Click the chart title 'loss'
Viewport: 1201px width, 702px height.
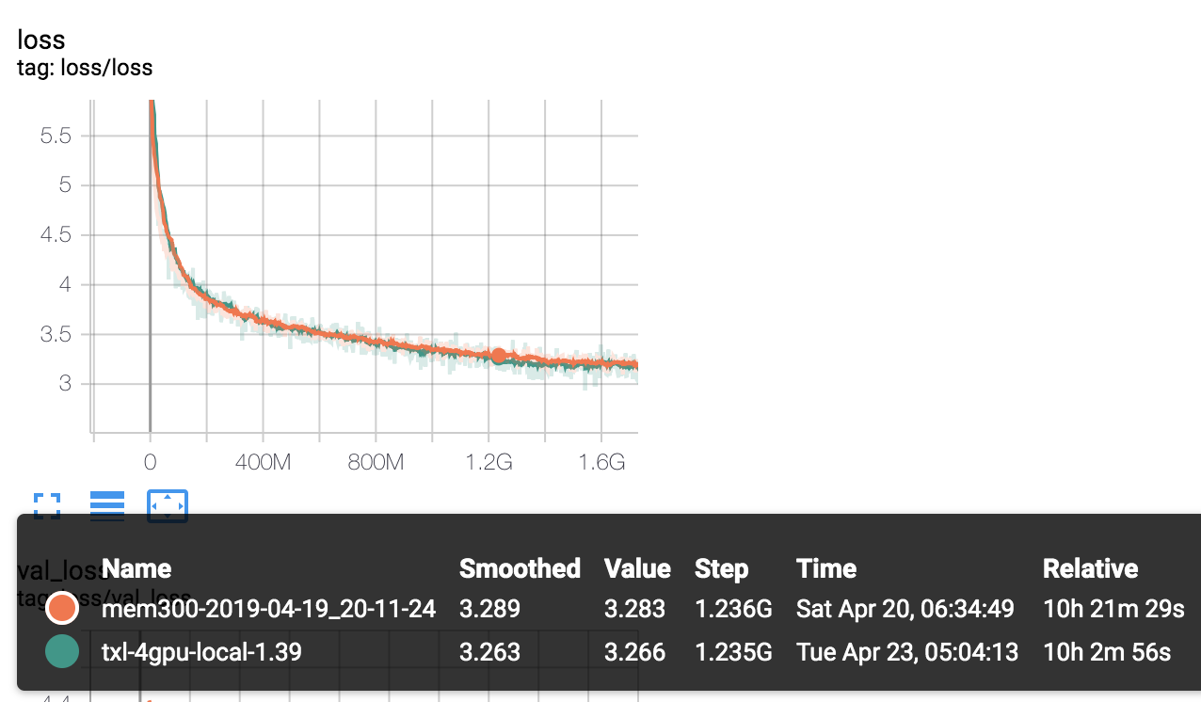[x=41, y=40]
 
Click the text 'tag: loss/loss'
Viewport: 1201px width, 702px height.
[x=85, y=68]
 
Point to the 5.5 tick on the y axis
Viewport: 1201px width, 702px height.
[x=56, y=136]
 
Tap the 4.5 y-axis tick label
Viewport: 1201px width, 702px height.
[x=56, y=234]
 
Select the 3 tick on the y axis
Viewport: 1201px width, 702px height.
[x=65, y=383]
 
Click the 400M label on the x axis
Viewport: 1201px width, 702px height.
[x=262, y=462]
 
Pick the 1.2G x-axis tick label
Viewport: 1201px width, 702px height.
[x=488, y=462]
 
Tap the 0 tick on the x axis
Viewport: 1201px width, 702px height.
[x=150, y=462]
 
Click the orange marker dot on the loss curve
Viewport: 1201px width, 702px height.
[x=499, y=356]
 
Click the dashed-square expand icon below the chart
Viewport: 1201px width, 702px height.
[x=47, y=506]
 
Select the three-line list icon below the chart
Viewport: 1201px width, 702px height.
[x=107, y=506]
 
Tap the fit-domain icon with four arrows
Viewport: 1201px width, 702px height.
[x=168, y=506]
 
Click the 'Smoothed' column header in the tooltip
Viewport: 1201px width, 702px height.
[x=520, y=568]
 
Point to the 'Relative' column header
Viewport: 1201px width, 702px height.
[x=1090, y=568]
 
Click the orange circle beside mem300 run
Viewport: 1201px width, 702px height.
[x=62, y=609]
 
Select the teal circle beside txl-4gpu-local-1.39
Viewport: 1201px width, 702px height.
[x=62, y=651]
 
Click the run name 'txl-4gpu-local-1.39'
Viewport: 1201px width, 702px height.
[x=201, y=651]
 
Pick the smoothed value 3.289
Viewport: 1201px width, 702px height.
[x=489, y=609]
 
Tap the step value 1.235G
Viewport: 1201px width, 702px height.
[x=733, y=651]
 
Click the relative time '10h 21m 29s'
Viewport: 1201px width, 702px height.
[x=1113, y=609]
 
